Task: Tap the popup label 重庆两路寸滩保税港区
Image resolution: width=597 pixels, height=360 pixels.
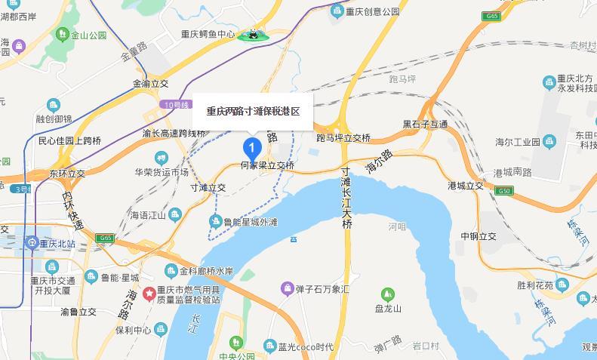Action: pyautogui.click(x=253, y=111)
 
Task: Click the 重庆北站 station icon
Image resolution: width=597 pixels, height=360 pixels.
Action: pyautogui.click(x=32, y=243)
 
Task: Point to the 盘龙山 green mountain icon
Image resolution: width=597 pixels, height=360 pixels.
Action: pyautogui.click(x=387, y=294)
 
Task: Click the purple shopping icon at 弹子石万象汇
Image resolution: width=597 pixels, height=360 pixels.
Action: pyautogui.click(x=287, y=288)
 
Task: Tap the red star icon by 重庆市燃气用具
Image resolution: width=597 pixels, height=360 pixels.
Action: pyautogui.click(x=149, y=293)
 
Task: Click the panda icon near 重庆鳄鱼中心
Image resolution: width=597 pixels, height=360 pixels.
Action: pyautogui.click(x=254, y=35)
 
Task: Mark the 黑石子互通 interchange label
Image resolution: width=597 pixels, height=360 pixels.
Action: pyautogui.click(x=425, y=124)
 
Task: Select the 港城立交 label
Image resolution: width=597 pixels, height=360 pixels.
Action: pyautogui.click(x=465, y=185)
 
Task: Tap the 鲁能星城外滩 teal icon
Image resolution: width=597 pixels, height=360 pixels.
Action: pyautogui.click(x=215, y=222)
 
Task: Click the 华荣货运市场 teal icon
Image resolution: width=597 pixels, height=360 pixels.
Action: pyautogui.click(x=161, y=158)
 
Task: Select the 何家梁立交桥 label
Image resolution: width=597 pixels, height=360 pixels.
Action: pyautogui.click(x=267, y=165)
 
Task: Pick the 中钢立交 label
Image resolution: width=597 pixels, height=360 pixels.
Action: pyautogui.click(x=479, y=236)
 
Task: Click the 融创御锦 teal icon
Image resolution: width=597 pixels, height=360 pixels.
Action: pyautogui.click(x=53, y=105)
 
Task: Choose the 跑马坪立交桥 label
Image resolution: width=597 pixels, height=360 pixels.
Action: pyautogui.click(x=343, y=138)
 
